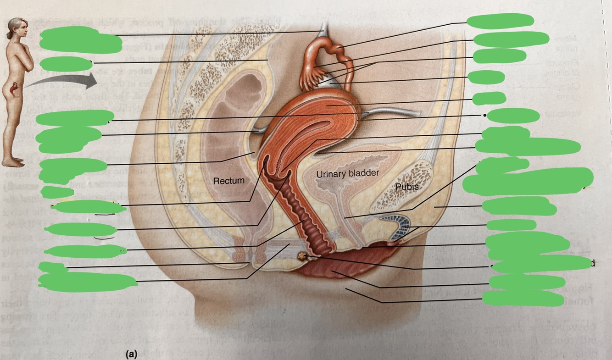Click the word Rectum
coord(228,181)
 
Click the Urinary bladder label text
coord(348,173)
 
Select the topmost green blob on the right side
coord(500,20)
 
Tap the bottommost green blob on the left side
coord(83,282)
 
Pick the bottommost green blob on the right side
coord(523,299)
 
